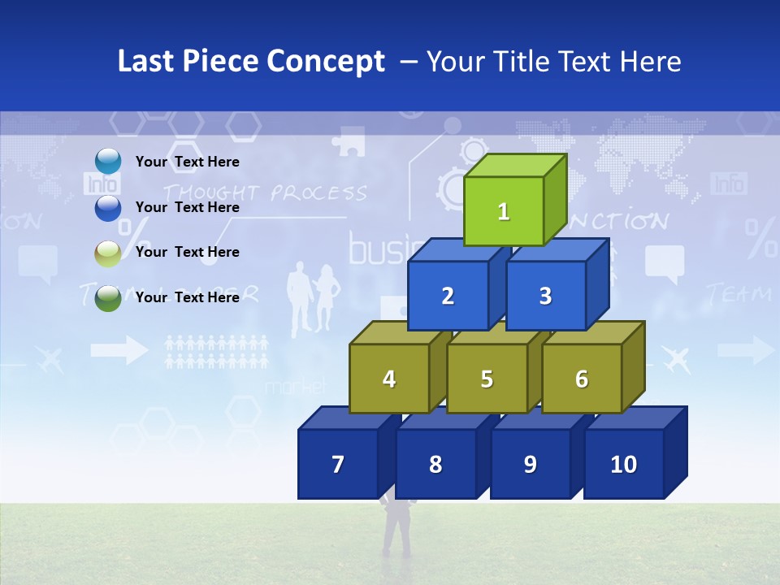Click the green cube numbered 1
pos(504,211)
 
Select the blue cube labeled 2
pos(448,296)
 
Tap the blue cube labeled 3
pos(545,296)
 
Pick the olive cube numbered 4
pos(389,379)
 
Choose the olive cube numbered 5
pos(487,379)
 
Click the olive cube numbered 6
pos(582,379)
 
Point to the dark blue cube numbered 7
pos(338,464)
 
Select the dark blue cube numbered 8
pos(435,464)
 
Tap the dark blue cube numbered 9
pos(530,464)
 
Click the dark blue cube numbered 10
pos(623,464)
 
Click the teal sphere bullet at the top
pos(108,162)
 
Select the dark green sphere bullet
pos(108,297)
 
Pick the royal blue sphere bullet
pos(108,207)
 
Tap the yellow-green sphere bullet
pos(108,253)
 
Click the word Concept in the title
pos(325,62)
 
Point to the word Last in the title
pos(147,62)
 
